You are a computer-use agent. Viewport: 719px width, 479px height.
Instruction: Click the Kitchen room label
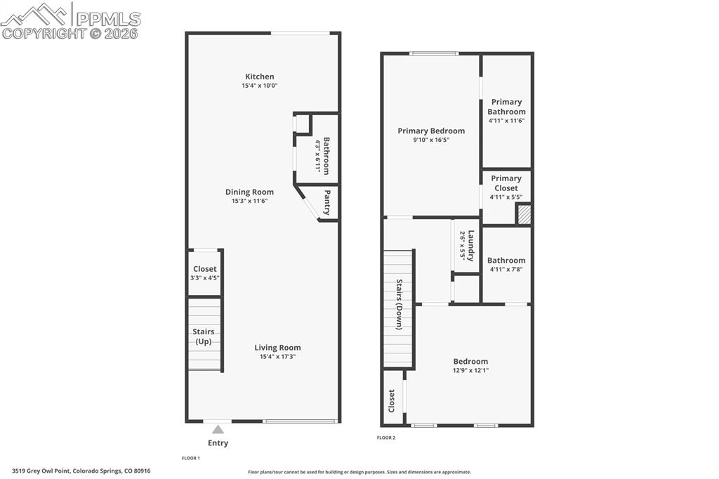click(x=259, y=77)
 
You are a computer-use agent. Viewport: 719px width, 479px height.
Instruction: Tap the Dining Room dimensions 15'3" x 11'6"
click(x=249, y=201)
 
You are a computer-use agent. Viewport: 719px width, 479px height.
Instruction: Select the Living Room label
click(x=277, y=347)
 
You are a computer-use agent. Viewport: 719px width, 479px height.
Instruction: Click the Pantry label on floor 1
click(x=326, y=202)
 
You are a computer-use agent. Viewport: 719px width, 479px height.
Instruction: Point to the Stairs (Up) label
click(x=204, y=336)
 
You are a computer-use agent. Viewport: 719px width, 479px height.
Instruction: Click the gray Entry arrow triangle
click(x=218, y=429)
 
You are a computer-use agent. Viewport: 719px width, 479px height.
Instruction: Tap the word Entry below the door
click(x=218, y=443)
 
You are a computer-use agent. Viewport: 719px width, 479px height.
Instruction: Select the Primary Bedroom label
click(x=431, y=131)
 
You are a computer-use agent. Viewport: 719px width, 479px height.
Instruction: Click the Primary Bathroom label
click(x=506, y=107)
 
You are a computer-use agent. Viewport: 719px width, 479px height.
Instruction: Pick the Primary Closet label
click(x=506, y=183)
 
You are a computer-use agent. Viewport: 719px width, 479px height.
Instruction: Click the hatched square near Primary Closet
click(x=524, y=215)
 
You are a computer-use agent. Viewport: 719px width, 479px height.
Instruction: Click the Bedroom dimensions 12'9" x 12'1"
click(x=470, y=370)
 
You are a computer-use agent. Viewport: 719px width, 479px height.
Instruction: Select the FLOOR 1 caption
click(x=191, y=458)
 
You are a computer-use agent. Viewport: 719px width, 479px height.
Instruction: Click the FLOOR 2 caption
click(x=386, y=438)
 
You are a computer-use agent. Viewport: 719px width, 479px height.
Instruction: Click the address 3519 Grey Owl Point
click(x=81, y=471)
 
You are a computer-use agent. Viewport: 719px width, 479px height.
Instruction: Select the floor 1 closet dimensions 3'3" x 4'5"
click(x=204, y=278)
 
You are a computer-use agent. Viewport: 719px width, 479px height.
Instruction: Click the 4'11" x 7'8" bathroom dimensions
click(x=506, y=269)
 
